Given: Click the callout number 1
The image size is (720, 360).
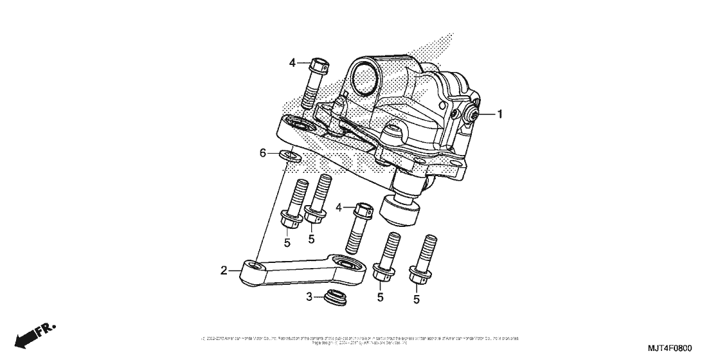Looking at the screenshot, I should point(500,114).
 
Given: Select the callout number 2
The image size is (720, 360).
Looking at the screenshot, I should point(224,271).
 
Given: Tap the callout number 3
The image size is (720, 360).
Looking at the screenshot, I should point(309,297).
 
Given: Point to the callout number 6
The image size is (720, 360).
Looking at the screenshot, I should point(262,153).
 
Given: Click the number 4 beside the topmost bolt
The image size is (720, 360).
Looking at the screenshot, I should point(292,62).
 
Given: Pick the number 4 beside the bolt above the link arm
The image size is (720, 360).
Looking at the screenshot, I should point(338,207).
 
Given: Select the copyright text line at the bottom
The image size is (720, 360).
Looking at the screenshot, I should point(360,339).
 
